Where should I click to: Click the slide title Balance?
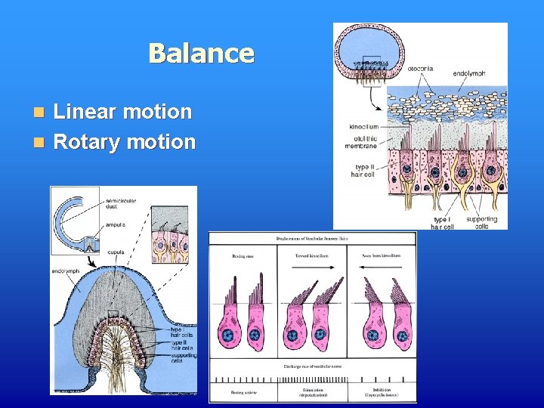tap(201, 54)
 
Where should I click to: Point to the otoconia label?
tap(421, 68)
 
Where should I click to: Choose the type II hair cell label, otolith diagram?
tap(363, 170)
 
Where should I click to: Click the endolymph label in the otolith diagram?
tap(469, 74)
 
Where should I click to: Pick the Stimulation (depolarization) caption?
tap(313, 394)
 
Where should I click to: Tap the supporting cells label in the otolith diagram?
tap(482, 222)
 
